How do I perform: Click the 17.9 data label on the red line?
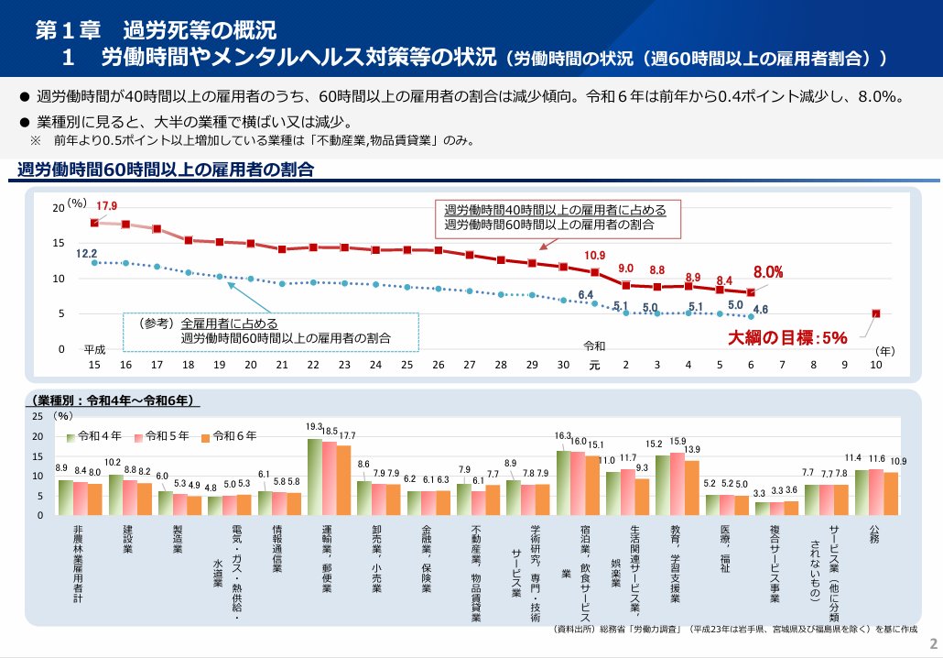click(x=107, y=205)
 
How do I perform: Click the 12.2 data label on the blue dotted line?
click(x=87, y=253)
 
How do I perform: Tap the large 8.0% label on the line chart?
click(x=767, y=272)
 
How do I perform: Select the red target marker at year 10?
click(x=876, y=313)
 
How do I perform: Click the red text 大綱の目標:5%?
click(x=787, y=337)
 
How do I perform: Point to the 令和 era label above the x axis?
click(x=594, y=346)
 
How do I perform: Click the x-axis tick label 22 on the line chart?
click(x=313, y=365)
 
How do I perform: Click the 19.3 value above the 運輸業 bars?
click(x=314, y=427)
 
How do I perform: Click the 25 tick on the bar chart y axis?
click(x=38, y=416)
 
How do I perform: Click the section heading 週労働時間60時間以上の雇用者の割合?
click(x=165, y=170)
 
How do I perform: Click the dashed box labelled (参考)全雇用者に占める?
click(x=271, y=331)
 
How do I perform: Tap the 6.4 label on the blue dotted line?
click(x=586, y=294)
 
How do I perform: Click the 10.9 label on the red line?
click(x=594, y=255)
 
